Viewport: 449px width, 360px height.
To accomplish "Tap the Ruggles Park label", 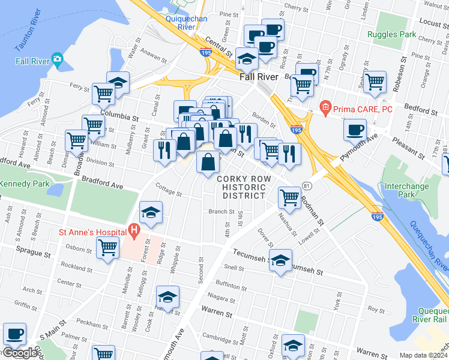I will click(x=392, y=34).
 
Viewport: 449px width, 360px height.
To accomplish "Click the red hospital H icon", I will click(x=133, y=229).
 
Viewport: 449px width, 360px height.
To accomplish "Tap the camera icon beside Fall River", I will click(x=57, y=58).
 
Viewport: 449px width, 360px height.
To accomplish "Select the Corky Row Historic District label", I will click(x=241, y=187).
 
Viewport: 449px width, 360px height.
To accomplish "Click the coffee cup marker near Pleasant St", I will click(x=355, y=129).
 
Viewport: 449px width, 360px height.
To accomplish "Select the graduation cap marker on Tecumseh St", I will click(x=280, y=260).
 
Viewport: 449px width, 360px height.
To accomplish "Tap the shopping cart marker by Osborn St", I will click(x=107, y=247).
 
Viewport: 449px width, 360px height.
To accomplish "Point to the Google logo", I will click(x=20, y=352).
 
